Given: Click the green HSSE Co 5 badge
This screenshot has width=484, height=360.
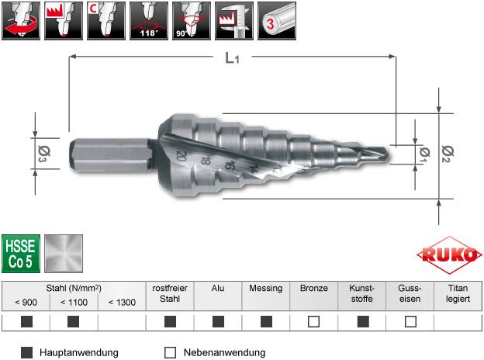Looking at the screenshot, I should coord(20,253).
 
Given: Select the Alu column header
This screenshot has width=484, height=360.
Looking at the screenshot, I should coord(218,288).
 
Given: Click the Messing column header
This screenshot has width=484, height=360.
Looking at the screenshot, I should coord(266,288).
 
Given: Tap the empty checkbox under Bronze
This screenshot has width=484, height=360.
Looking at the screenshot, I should coord(314,321).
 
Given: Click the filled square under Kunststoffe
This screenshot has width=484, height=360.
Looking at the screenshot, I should coord(362,321).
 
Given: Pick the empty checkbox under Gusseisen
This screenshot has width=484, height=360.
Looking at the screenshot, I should coord(410,321).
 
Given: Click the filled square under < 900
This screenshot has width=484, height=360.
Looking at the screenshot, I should coord(26,321).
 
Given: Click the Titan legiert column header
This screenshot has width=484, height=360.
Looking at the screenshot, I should coord(458,292).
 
